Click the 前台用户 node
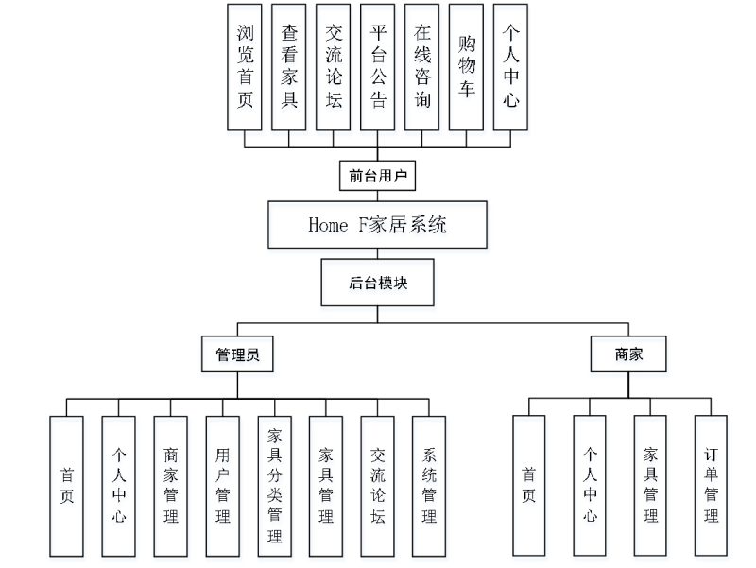377,176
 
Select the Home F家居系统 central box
377,225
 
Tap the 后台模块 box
377,283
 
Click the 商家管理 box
170,486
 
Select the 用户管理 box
222,486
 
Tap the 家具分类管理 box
274,486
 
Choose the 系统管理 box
428,486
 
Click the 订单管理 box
711,485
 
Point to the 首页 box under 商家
529,485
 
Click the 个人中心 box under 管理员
119,486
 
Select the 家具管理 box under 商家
650,485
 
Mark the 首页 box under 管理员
67,486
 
